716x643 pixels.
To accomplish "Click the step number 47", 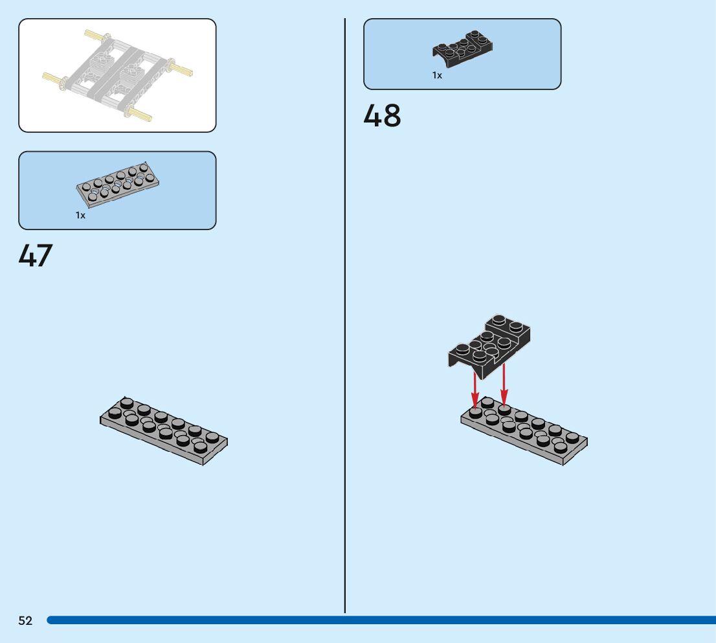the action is pyautogui.click(x=36, y=256).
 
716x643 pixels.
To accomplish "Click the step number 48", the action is pyautogui.click(x=382, y=116).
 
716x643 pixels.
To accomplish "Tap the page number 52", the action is pyautogui.click(x=25, y=621).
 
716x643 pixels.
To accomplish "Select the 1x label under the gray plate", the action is pyautogui.click(x=80, y=215).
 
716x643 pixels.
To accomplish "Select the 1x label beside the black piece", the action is pyautogui.click(x=438, y=75).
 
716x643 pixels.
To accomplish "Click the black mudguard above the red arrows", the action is pyautogui.click(x=489, y=345).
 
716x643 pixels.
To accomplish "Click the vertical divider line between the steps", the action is pyautogui.click(x=345, y=324).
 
